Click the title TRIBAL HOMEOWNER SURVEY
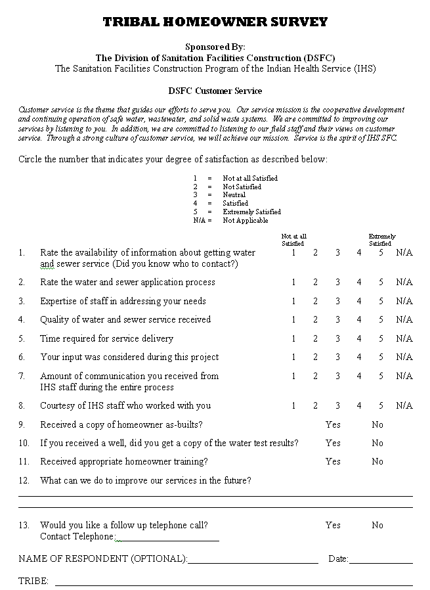click(215, 22)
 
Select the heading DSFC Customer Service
click(215, 91)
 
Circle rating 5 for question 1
click(381, 253)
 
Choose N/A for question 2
click(404, 283)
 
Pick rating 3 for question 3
click(337, 302)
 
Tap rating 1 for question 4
click(293, 320)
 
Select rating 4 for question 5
click(359, 339)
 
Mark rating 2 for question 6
click(315, 357)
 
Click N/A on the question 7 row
click(404, 376)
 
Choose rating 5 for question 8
click(381, 406)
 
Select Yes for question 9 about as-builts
click(333, 425)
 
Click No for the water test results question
click(377, 443)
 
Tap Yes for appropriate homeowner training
click(333, 462)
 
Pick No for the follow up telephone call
click(377, 526)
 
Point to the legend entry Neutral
click(234, 195)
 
